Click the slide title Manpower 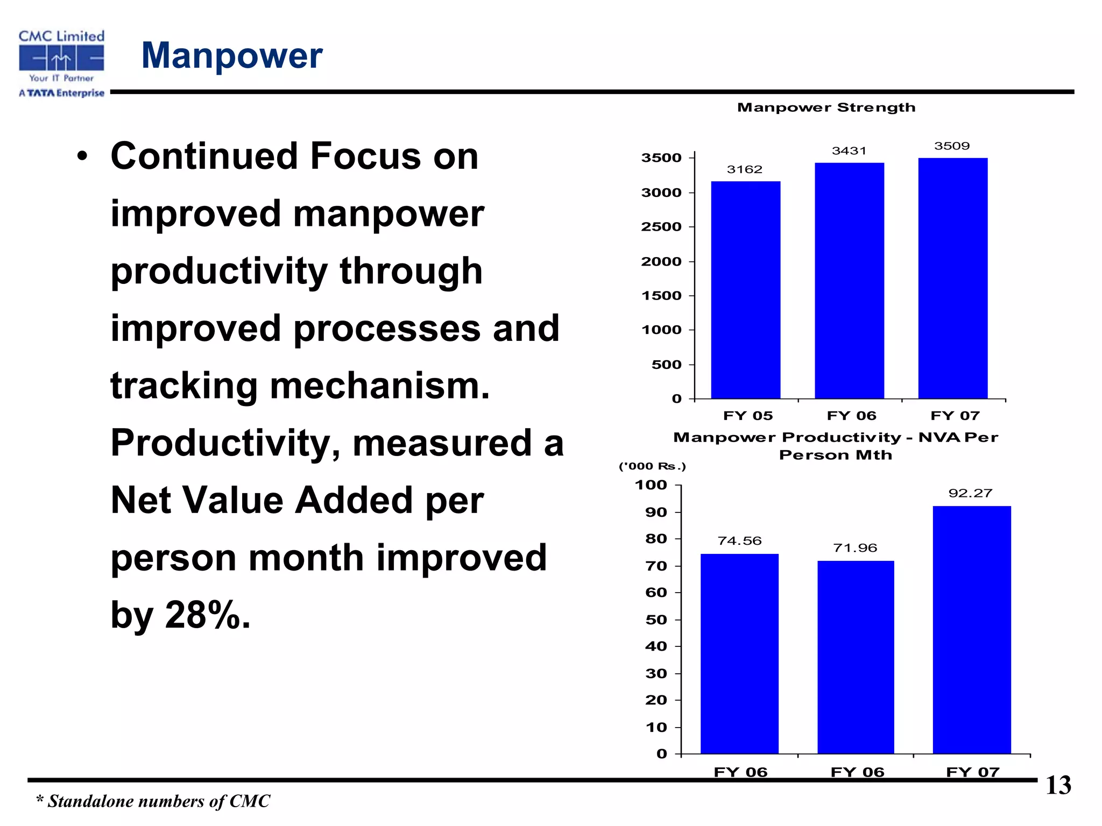pos(231,55)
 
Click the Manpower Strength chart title pos(826,108)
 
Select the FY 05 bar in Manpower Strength pos(745,290)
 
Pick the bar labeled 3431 pos(849,281)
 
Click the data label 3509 pos(952,146)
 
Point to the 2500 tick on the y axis pos(661,227)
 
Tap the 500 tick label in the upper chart pos(666,365)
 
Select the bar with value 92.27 pos(971,629)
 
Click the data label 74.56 pos(739,541)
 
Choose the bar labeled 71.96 pos(856,657)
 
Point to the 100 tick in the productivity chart pos(651,485)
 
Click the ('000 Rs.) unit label pos(652,466)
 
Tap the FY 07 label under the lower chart pos(972,772)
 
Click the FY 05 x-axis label pos(747,416)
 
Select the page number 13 pos(1058,786)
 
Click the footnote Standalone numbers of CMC pos(153,801)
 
